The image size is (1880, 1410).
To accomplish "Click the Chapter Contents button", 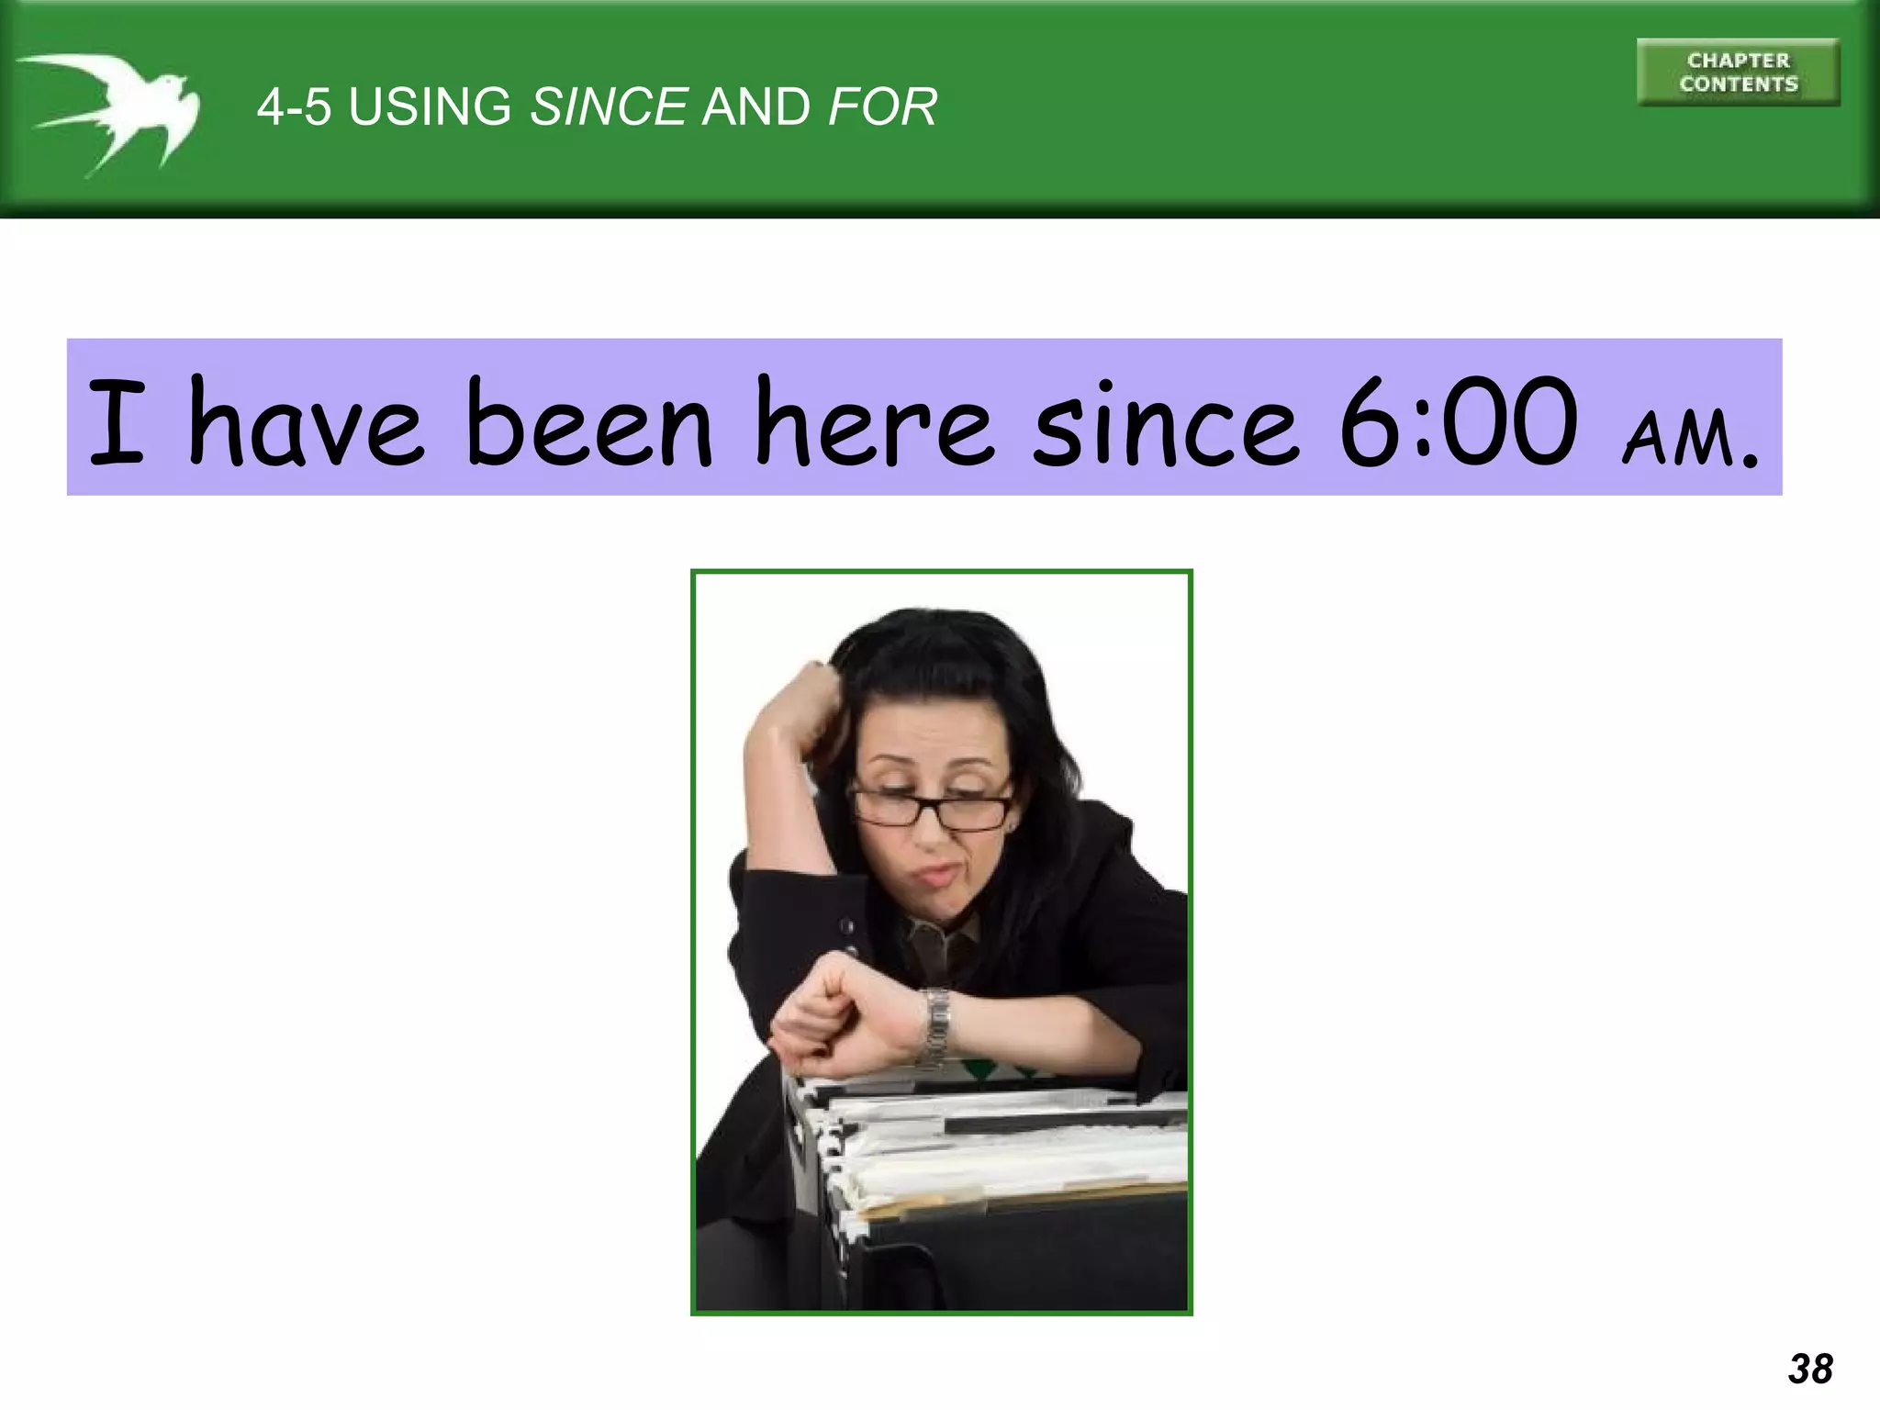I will [x=1738, y=73].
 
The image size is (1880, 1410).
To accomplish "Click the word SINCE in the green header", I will [x=609, y=106].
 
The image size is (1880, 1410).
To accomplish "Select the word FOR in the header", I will [x=882, y=106].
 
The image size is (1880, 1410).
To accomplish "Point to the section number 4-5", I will [x=294, y=106].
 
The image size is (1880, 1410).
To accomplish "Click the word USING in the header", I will [x=430, y=106].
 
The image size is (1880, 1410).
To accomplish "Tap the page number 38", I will [x=1810, y=1368].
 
